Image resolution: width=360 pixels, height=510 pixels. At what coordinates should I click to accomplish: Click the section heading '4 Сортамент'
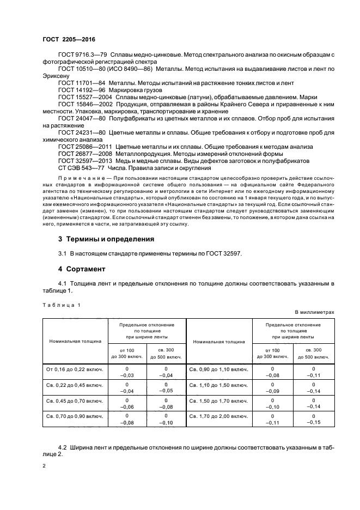click(81, 269)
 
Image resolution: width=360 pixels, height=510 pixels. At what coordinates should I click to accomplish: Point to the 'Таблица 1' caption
click(60, 305)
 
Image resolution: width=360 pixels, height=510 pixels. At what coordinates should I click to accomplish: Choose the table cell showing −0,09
click(274, 391)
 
